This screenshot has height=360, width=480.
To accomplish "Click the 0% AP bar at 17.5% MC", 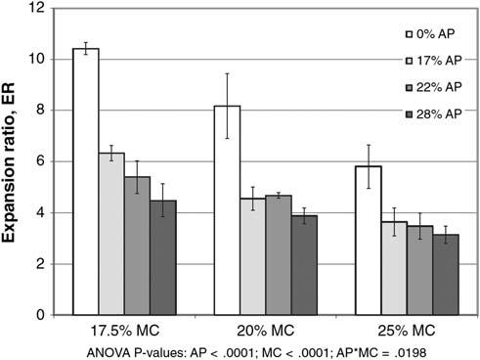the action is pyautogui.click(x=86, y=182).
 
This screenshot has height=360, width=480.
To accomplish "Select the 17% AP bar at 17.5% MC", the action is pyautogui.click(x=111, y=234).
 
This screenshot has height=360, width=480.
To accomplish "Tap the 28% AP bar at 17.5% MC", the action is pyautogui.click(x=163, y=257).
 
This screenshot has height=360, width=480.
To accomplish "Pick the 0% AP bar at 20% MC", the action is pyautogui.click(x=227, y=210).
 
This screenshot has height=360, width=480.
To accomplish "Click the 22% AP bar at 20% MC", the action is pyautogui.click(x=279, y=255).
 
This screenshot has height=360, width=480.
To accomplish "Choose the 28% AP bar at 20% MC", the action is pyautogui.click(x=304, y=265).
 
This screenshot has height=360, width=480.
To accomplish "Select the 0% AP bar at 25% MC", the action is pyautogui.click(x=369, y=241).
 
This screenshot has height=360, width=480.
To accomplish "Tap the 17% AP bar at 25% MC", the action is pyautogui.click(x=394, y=268).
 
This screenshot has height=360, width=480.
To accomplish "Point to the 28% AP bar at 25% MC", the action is pyautogui.click(x=446, y=275).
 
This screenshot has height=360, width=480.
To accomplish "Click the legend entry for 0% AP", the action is pyautogui.click(x=429, y=34).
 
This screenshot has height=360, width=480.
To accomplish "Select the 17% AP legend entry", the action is pyautogui.click(x=433, y=61).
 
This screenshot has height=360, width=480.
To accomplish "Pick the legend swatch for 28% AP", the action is pyautogui.click(x=409, y=114).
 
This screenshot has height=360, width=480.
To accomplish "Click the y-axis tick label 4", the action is pyautogui.click(x=40, y=212).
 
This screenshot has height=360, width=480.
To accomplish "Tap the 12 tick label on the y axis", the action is pyautogui.click(x=36, y=8).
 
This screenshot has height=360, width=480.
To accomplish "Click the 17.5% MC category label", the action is pyautogui.click(x=124, y=331).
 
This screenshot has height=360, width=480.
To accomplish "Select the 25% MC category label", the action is pyautogui.click(x=407, y=331).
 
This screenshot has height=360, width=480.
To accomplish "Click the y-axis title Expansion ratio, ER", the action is pyautogui.click(x=9, y=162).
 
